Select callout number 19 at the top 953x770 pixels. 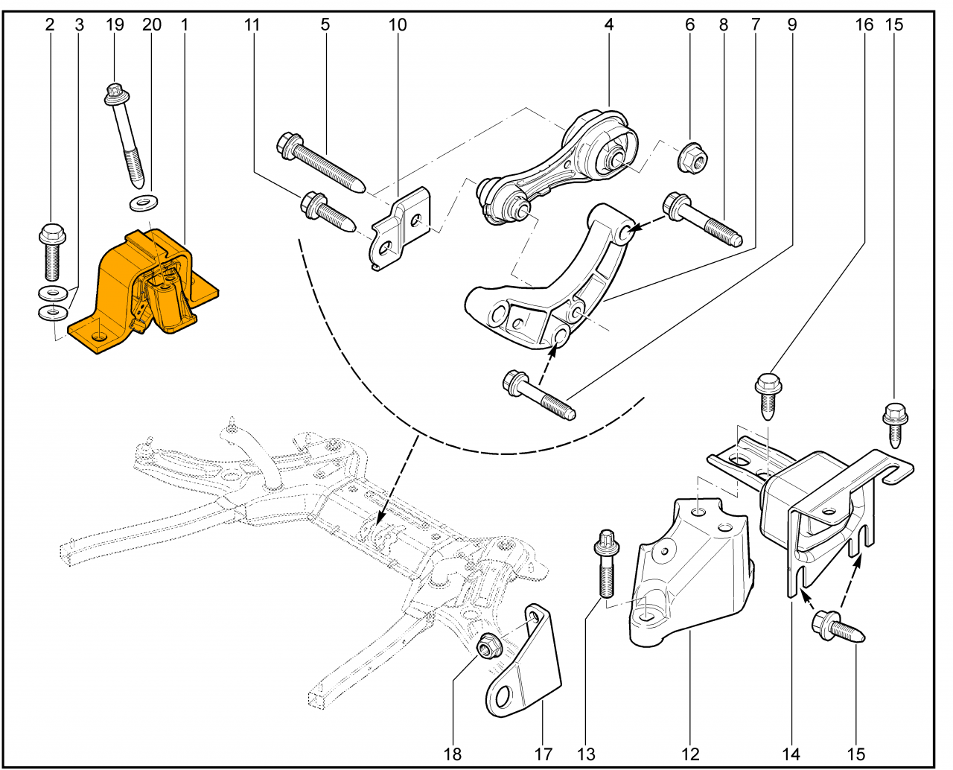pos(115,25)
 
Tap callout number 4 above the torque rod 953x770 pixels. pos(609,25)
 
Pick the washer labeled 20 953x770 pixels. pos(143,201)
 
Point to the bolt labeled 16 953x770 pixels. pos(768,395)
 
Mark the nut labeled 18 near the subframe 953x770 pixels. pos(487,646)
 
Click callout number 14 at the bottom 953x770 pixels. pos(791,754)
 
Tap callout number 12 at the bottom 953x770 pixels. pos(691,754)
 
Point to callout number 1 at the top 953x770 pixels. pos(184,25)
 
